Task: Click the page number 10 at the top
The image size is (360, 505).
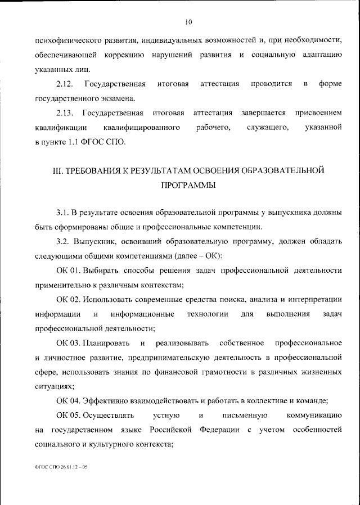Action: coord(188,22)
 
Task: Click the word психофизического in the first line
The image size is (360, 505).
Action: coord(67,41)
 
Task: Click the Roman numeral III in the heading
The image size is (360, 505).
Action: coord(56,169)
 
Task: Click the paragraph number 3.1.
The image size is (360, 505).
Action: coord(62,212)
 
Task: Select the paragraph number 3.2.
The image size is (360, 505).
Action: coord(62,241)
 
